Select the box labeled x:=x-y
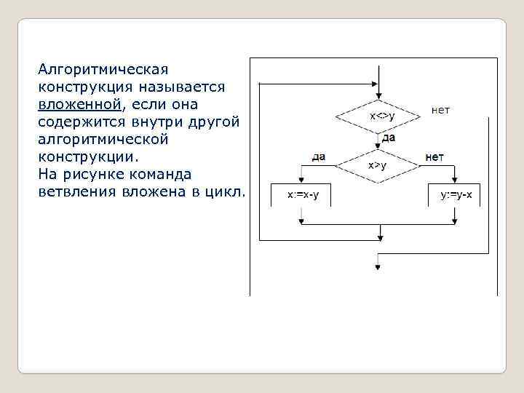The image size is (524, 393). click(x=298, y=196)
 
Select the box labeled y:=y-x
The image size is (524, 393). click(x=456, y=196)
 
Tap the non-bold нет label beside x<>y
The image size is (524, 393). click(x=440, y=111)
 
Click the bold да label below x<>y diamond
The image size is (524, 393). click(x=388, y=137)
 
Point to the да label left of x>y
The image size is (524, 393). click(x=318, y=157)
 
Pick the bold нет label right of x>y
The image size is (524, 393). click(x=434, y=157)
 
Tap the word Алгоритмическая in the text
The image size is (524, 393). click(x=103, y=70)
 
